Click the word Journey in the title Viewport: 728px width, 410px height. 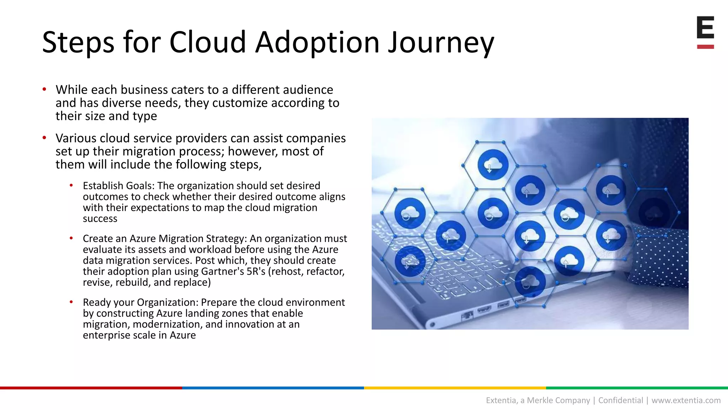click(x=441, y=43)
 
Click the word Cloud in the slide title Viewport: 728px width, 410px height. click(x=207, y=42)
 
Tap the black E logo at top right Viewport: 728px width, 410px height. click(x=705, y=27)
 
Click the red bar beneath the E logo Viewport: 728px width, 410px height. click(x=705, y=47)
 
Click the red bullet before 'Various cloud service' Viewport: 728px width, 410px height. click(x=44, y=137)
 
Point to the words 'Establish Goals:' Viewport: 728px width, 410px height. click(x=119, y=186)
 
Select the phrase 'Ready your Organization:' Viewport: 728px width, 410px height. click(x=141, y=303)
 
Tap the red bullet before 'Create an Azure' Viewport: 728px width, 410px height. click(x=71, y=238)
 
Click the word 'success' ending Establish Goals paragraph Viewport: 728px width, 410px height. click(x=100, y=219)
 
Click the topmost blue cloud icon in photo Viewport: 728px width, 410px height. click(x=493, y=165)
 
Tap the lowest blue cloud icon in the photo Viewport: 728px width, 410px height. click(x=530, y=282)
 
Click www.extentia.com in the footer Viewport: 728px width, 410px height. click(x=686, y=400)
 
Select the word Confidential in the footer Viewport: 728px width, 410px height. click(x=621, y=400)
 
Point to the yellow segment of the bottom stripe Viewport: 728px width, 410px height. click(x=455, y=388)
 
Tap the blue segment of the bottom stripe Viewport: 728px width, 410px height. click(x=273, y=388)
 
